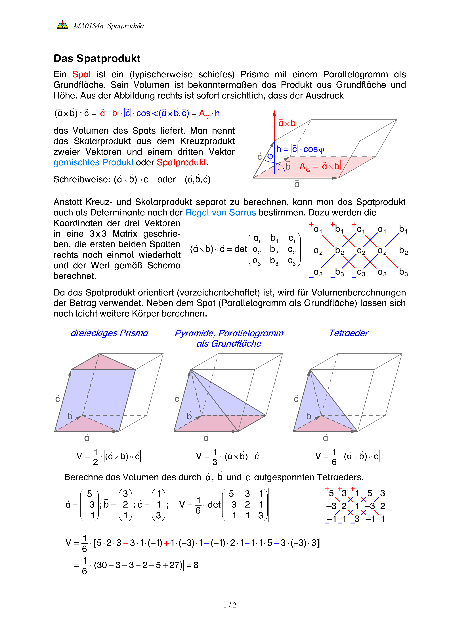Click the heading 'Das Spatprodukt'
[x=97, y=58]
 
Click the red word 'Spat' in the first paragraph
[x=81, y=74]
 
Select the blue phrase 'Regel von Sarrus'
[x=220, y=212]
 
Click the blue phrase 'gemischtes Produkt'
[x=93, y=162]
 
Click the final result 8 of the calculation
[x=196, y=565]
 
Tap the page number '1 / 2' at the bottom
[x=230, y=605]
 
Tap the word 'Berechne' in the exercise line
[x=82, y=477]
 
